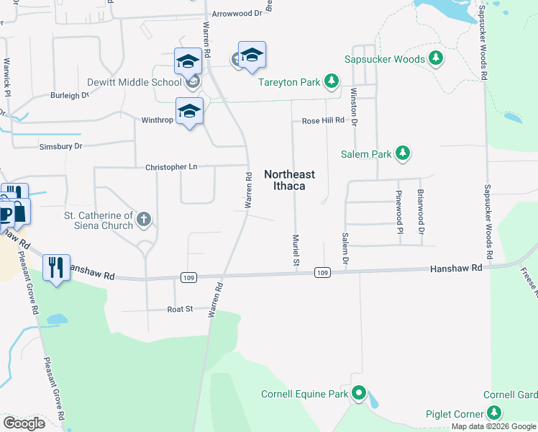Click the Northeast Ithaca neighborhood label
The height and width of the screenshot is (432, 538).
284,180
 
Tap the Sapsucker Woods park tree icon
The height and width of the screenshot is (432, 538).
435,58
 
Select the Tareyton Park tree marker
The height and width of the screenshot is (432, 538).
331,81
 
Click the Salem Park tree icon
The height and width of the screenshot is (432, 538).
403,153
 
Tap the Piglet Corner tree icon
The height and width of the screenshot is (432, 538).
493,413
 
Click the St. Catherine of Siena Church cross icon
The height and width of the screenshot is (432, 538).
144,219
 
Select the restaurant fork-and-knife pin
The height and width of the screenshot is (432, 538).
56,267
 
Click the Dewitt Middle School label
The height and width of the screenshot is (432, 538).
134,82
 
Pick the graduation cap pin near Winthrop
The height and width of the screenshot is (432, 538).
189,111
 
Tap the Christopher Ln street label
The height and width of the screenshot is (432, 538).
171,166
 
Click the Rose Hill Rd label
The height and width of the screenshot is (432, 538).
323,120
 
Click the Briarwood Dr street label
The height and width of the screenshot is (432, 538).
421,212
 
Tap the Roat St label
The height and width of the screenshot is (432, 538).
180,309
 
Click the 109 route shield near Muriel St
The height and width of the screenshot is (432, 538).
322,272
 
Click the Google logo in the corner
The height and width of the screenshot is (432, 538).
24,423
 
